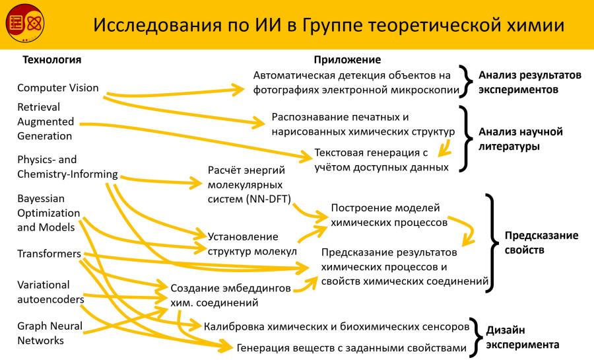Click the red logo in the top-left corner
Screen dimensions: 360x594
point(24,24)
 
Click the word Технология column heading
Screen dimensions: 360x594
point(52,60)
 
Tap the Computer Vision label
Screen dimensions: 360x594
point(58,88)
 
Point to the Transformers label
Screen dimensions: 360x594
point(49,254)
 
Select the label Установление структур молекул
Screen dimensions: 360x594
point(252,243)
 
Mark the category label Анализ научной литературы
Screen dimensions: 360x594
point(520,139)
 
